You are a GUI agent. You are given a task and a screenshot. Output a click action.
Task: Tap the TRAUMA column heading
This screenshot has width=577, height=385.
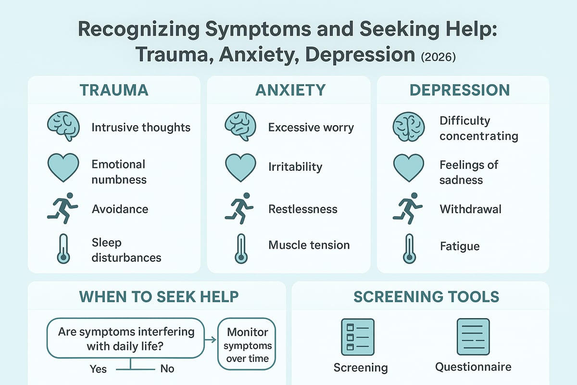coord(113,90)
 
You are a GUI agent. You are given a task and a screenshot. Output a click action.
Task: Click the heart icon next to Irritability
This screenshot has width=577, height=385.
coord(240,167)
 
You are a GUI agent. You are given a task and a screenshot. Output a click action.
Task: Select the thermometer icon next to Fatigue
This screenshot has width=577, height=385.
coord(409,247)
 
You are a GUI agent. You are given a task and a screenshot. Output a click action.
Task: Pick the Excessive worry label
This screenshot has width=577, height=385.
coord(311,128)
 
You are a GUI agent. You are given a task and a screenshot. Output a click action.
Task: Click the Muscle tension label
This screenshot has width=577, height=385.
coord(309,245)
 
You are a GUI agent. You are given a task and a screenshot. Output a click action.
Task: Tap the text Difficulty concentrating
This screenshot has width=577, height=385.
coord(478,128)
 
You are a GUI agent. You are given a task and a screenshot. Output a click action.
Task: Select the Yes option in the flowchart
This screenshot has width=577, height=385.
coord(98,369)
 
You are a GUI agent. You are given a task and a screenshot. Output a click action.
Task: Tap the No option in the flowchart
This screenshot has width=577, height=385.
coord(167,369)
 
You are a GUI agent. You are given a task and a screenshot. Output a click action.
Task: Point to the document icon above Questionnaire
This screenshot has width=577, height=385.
coord(473,335)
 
